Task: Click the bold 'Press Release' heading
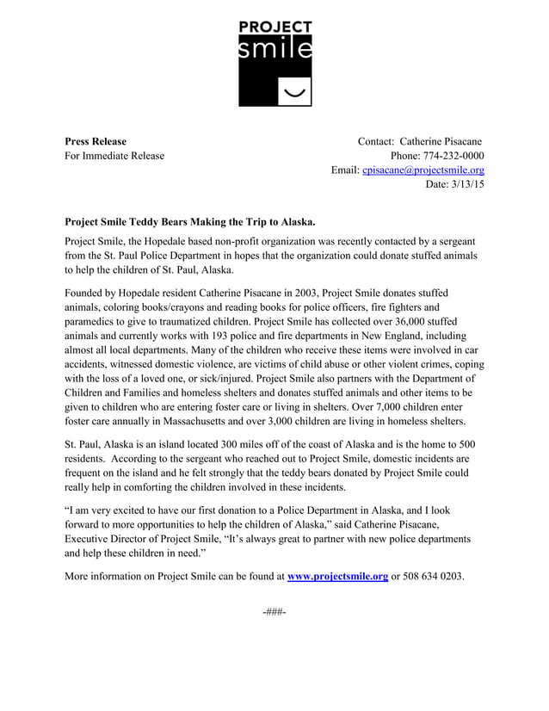(x=96, y=141)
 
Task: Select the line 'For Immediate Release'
(x=114, y=156)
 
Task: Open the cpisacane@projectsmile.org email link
(x=423, y=170)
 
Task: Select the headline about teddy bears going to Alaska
(x=191, y=222)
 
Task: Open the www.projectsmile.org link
(x=337, y=576)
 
